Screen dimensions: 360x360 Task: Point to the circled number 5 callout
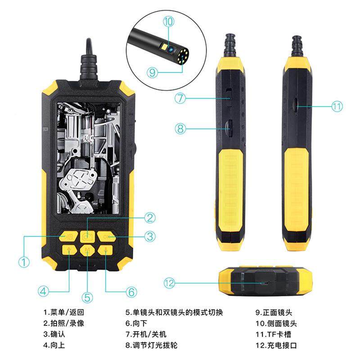pos(87,297)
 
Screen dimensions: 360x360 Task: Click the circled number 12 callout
pos(169,283)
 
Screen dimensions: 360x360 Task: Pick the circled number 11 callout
pos(337,107)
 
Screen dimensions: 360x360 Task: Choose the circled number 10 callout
pos(168,21)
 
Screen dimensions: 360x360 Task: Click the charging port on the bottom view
pos(266,283)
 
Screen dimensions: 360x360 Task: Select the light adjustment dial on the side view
pos(228,128)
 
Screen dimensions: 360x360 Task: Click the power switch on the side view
pos(228,96)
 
